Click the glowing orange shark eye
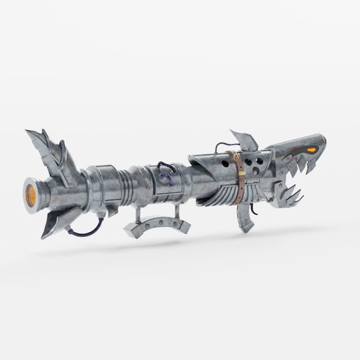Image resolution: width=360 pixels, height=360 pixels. click(x=309, y=149)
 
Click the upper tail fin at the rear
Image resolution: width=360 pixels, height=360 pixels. click(x=46, y=148)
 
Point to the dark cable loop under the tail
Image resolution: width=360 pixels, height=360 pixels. click(x=91, y=229)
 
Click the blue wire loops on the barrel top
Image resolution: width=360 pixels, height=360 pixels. click(x=167, y=172)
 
